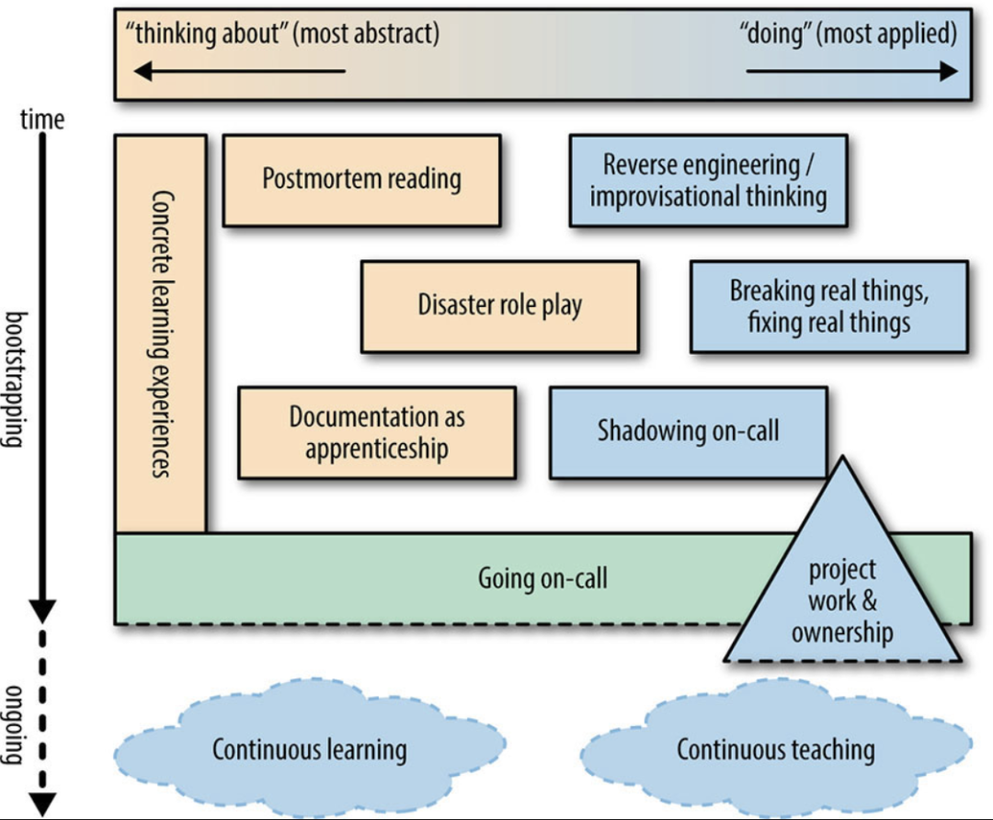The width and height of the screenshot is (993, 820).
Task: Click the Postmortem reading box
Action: (361, 180)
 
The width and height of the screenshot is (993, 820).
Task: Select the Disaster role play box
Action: (499, 306)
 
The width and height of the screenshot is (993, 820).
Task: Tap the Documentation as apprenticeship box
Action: (377, 433)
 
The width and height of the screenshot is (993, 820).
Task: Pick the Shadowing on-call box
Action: (689, 432)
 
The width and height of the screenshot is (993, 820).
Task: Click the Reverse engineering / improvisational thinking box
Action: (708, 180)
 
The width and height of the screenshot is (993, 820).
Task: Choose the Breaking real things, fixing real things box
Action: (829, 306)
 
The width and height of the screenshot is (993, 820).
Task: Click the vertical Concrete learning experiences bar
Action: (161, 334)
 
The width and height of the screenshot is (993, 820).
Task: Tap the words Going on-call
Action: (542, 578)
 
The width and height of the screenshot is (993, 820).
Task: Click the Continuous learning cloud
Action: (310, 749)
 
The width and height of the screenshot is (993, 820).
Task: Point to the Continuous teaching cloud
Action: (776, 749)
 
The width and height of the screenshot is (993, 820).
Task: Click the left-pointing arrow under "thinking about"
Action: (239, 71)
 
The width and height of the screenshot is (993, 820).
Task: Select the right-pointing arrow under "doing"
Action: (852, 71)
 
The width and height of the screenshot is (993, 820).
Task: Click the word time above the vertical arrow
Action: (42, 119)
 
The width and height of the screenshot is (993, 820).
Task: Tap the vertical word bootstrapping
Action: (16, 380)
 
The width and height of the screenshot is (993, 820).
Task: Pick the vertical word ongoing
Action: (15, 725)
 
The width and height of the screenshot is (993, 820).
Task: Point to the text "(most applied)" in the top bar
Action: (886, 34)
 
